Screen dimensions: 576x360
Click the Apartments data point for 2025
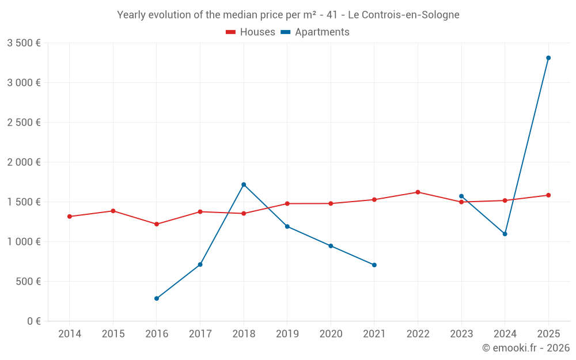(x=548, y=58)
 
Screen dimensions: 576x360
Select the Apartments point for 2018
(x=244, y=185)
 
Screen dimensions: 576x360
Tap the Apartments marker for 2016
(x=157, y=298)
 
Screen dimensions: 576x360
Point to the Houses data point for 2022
(x=418, y=192)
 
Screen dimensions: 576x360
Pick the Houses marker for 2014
(x=70, y=217)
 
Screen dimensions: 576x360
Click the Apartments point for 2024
(x=505, y=234)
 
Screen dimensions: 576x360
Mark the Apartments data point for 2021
(x=374, y=265)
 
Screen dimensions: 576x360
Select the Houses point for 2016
(x=157, y=224)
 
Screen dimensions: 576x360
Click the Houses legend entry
(x=250, y=32)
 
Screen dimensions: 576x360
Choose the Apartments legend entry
(x=315, y=32)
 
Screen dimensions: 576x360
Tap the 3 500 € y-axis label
(x=24, y=43)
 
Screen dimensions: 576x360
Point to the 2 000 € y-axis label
(x=24, y=162)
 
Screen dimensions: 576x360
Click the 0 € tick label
(x=34, y=321)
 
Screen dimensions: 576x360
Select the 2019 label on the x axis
(x=287, y=334)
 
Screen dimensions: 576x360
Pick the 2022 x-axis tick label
(x=418, y=334)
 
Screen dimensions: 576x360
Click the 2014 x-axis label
(x=70, y=334)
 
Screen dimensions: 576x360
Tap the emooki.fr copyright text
(x=526, y=348)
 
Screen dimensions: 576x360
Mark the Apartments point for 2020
(x=331, y=246)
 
